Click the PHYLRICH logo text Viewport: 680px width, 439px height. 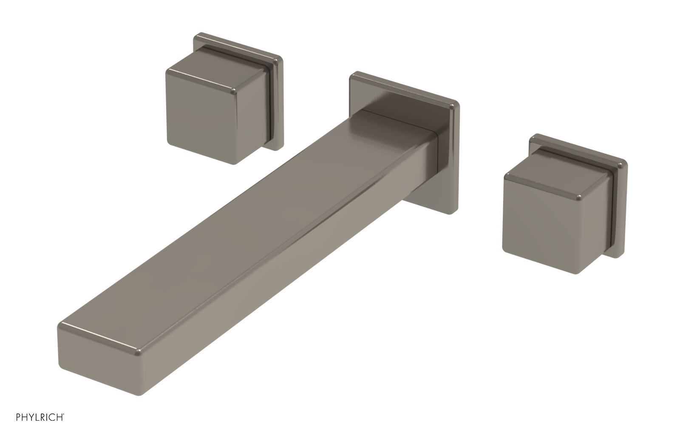[40, 429]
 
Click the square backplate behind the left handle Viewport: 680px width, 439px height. [238, 47]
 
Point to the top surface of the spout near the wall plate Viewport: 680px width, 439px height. [382, 119]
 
